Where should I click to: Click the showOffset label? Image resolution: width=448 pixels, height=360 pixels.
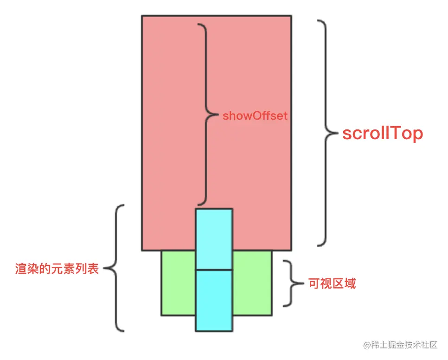click(255, 116)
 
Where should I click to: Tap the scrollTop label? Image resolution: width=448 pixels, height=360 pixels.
click(383, 134)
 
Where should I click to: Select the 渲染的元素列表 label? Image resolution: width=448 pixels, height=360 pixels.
click(57, 269)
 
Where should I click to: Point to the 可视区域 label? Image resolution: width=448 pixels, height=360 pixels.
click(332, 283)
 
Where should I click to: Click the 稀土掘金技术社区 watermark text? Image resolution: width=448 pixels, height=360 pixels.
click(403, 345)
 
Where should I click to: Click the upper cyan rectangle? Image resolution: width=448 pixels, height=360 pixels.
click(214, 239)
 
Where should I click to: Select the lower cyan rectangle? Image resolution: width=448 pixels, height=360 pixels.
click(214, 300)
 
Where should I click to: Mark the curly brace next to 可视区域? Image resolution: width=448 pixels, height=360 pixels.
click(291, 283)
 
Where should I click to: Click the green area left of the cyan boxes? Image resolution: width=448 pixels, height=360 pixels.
click(178, 283)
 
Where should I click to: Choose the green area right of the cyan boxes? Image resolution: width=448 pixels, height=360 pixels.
click(252, 283)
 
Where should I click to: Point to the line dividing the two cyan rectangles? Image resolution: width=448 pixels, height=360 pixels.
click(214, 270)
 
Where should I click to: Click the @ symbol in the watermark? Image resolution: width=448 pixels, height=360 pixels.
click(367, 346)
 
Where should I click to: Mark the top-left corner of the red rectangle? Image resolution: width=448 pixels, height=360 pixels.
click(142, 16)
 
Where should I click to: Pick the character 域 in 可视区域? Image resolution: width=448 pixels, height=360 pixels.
click(350, 283)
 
